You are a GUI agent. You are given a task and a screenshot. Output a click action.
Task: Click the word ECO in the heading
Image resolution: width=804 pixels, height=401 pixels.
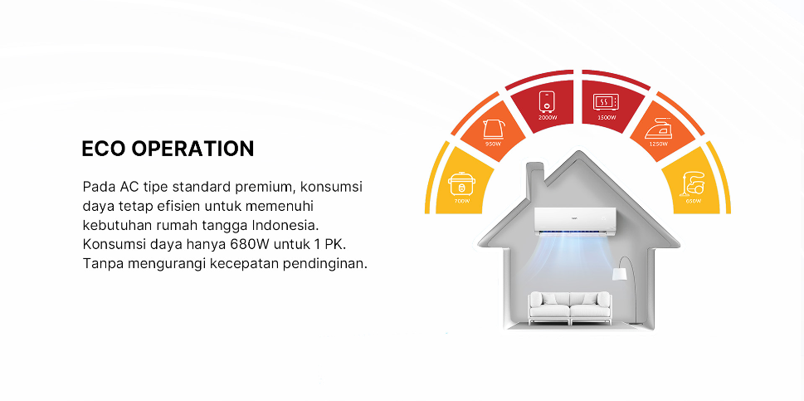point(103,149)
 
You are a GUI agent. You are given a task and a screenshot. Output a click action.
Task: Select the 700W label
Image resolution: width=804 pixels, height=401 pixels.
point(460,201)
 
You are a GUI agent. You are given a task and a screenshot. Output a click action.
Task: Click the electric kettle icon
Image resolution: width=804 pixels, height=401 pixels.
point(493,128)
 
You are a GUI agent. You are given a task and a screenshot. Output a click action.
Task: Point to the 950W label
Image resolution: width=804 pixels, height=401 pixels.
point(494,144)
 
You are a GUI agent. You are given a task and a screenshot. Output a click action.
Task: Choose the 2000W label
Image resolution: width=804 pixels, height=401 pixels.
point(547,118)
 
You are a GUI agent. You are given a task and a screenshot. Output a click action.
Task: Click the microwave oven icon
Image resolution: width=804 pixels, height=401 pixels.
point(606,102)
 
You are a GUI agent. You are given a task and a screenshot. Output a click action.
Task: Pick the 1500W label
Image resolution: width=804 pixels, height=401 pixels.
point(606,118)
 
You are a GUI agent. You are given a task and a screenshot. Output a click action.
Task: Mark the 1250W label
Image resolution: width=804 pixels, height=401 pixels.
point(658,144)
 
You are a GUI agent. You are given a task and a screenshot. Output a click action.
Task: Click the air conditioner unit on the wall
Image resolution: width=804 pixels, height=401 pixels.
point(577,221)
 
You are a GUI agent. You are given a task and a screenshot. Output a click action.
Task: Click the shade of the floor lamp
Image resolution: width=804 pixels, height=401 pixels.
point(619,272)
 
